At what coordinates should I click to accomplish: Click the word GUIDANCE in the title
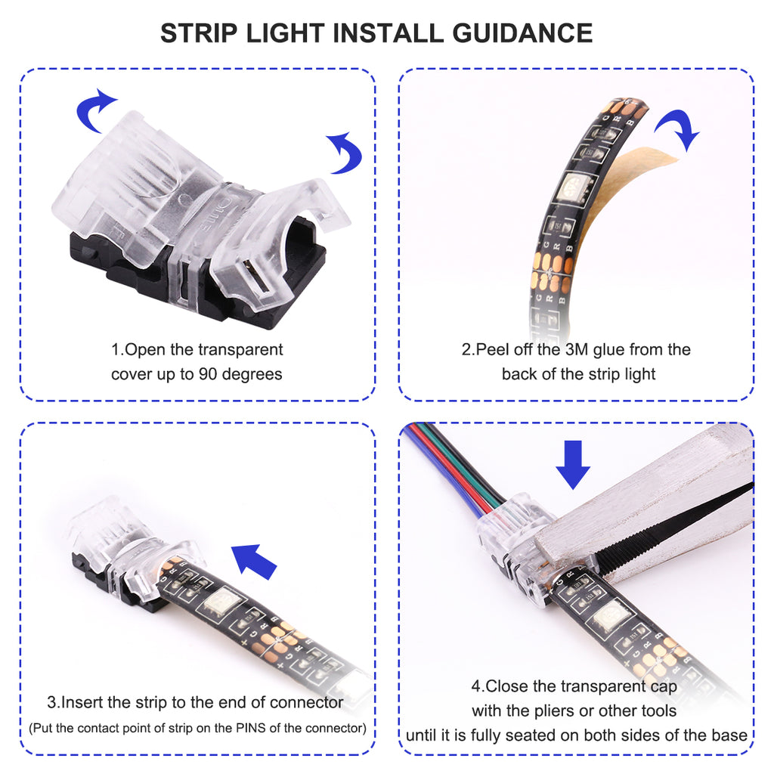(522, 33)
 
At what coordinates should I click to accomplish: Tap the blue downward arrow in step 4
(573, 465)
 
